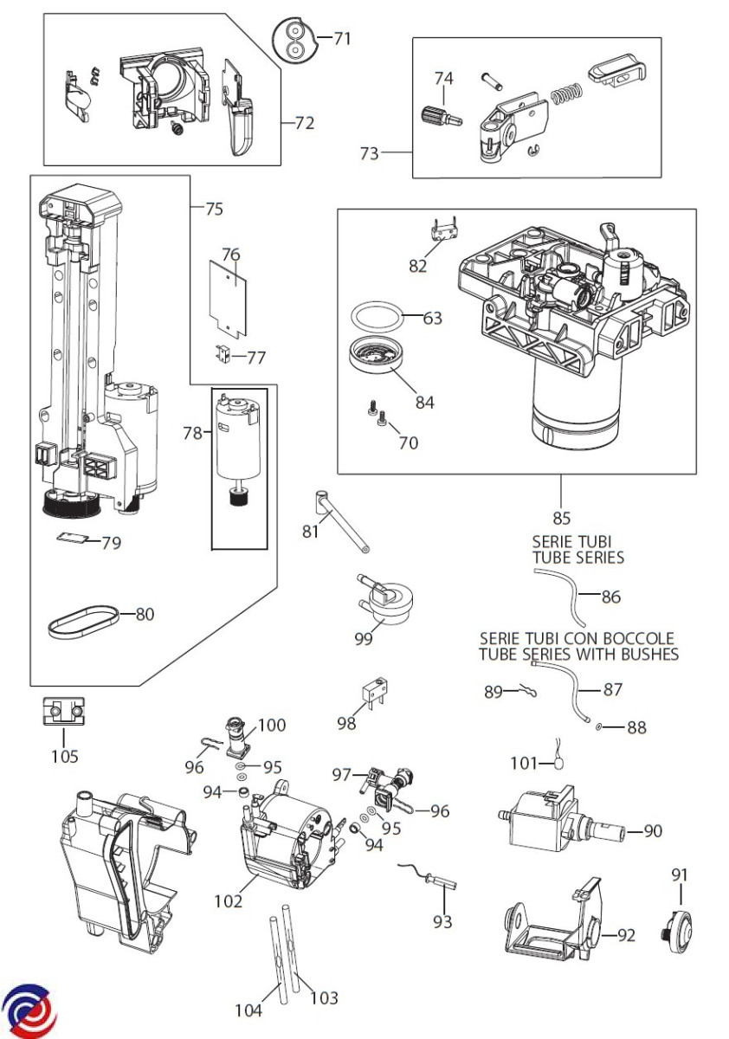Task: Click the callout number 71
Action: pos(342,38)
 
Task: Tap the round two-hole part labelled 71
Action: pos(294,38)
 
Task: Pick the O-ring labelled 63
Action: pos(377,316)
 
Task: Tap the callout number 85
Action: pos(561,519)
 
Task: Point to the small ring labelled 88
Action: pos(599,727)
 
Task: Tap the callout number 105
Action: pos(64,756)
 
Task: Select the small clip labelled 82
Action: pos(443,234)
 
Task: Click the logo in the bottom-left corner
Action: pos(28,1010)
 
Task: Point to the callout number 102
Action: pos(229,900)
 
